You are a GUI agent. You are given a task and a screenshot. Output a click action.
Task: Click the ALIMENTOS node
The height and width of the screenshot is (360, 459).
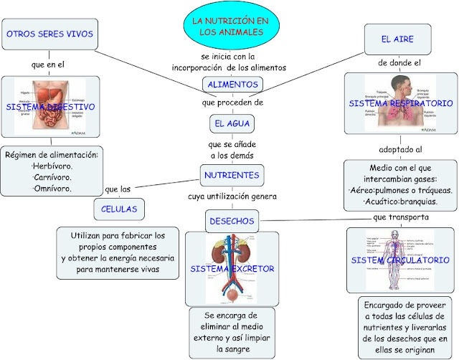pyautogui.click(x=232, y=85)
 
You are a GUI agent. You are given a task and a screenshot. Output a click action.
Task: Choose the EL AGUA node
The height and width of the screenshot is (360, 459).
pyautogui.click(x=232, y=123)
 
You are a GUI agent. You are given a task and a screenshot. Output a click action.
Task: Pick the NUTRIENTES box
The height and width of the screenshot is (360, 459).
pyautogui.click(x=232, y=175)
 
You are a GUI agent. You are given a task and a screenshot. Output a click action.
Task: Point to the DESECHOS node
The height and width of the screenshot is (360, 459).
pyautogui.click(x=232, y=221)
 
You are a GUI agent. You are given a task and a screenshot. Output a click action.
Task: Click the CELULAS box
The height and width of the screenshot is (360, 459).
pyautogui.click(x=120, y=209)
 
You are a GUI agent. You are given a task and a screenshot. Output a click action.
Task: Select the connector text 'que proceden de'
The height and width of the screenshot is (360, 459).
pyautogui.click(x=233, y=103)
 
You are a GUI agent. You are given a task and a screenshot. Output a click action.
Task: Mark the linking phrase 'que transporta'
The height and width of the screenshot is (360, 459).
pyautogui.click(x=401, y=216)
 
